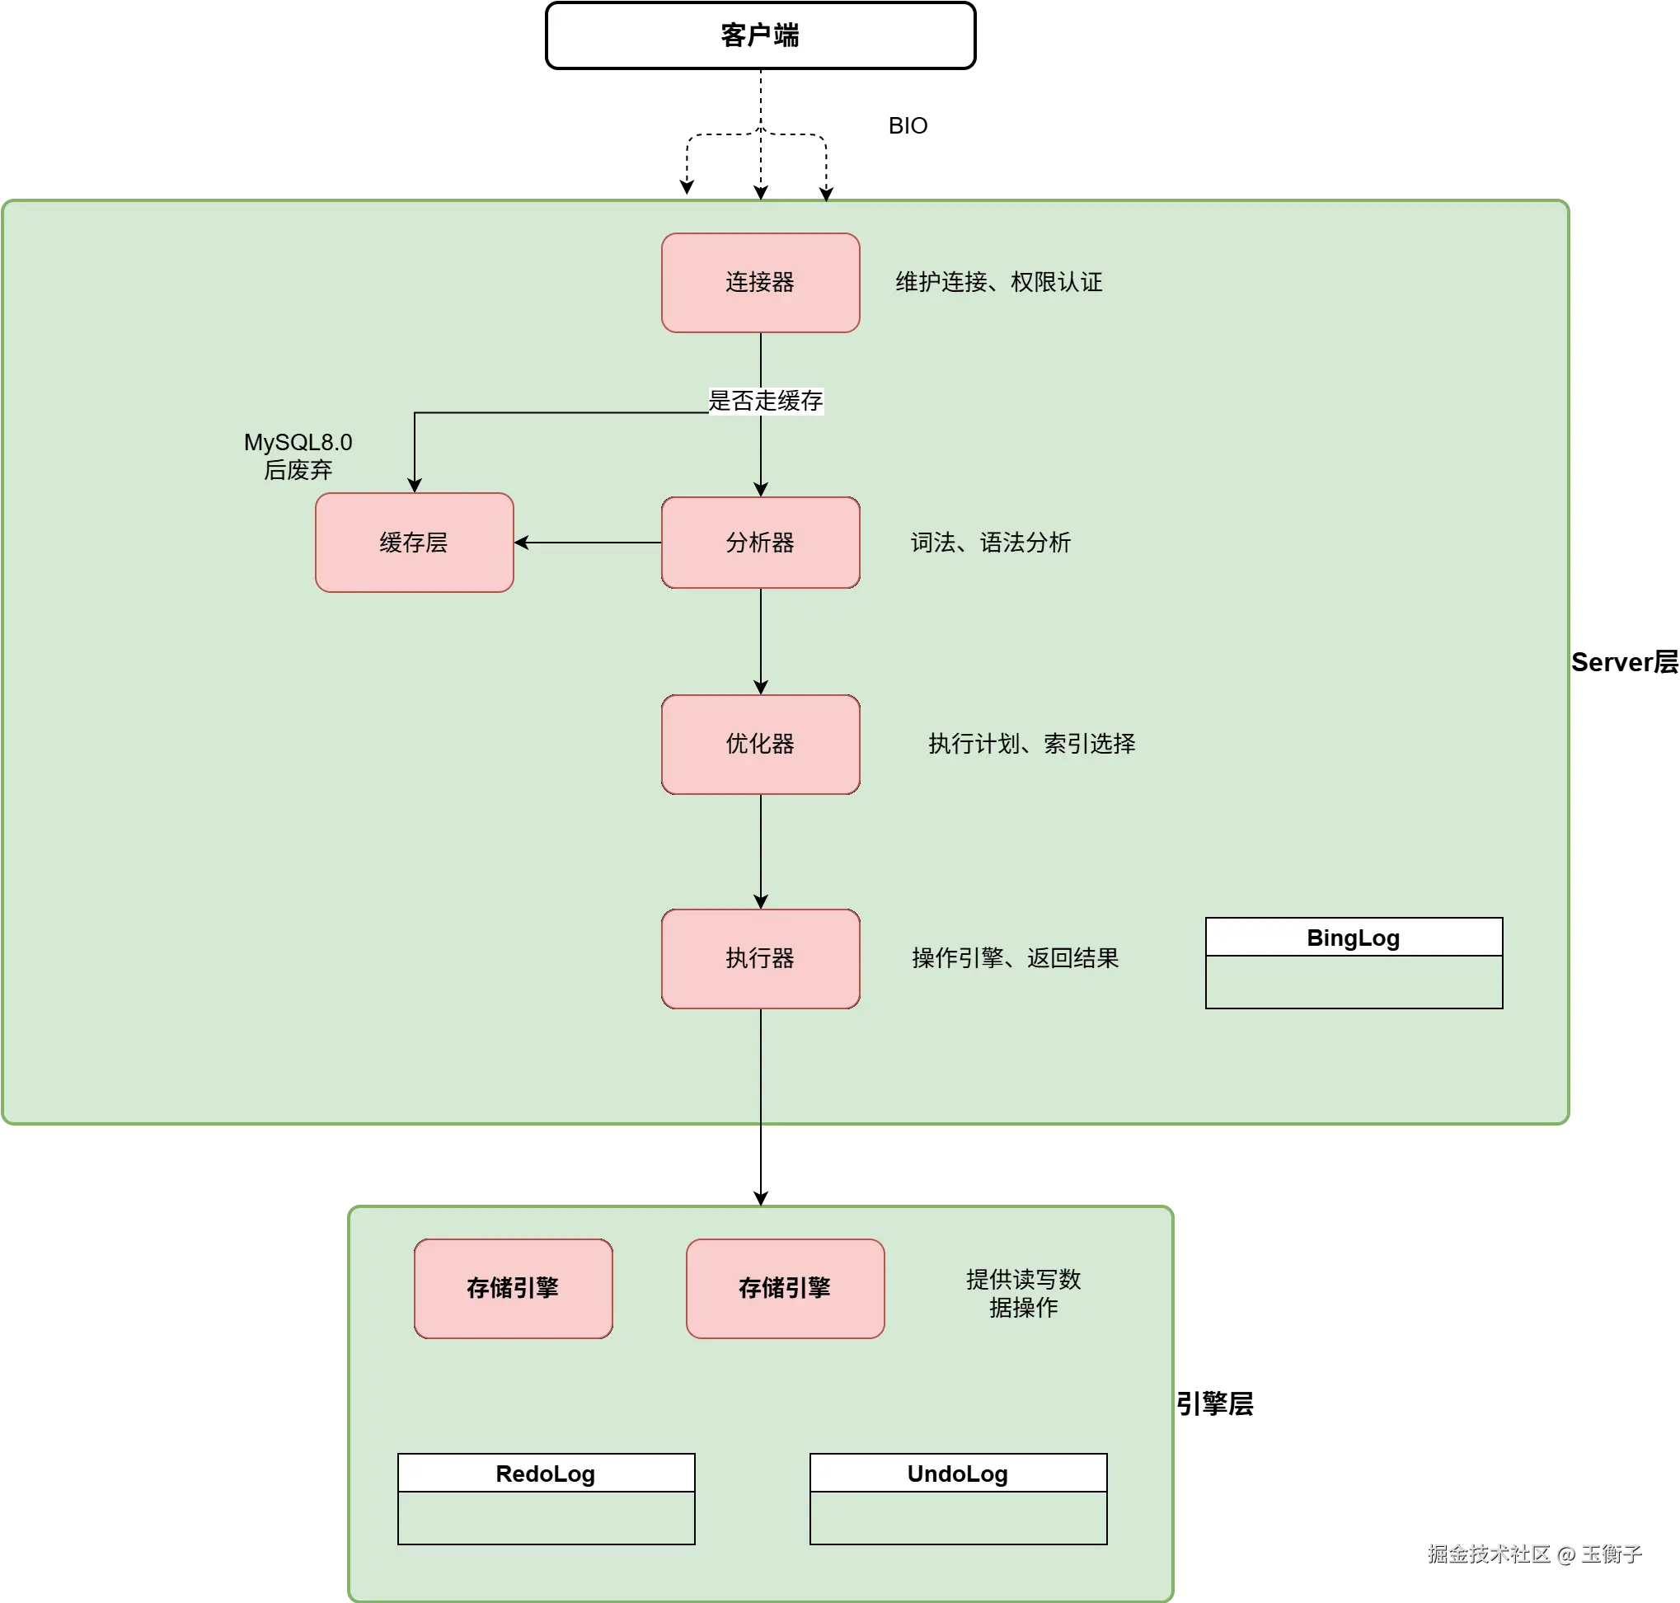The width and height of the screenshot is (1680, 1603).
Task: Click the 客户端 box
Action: pyautogui.click(x=760, y=35)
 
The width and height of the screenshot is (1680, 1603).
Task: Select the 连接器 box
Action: pyautogui.click(x=760, y=282)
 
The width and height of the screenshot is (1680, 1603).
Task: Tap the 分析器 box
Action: pyautogui.click(x=760, y=543)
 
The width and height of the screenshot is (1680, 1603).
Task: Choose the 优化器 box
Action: pyautogui.click(x=760, y=744)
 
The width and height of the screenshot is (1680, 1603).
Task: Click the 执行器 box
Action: pyautogui.click(x=760, y=958)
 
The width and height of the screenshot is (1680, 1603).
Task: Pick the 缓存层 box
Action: pyautogui.click(x=415, y=543)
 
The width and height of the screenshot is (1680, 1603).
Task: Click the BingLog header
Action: pyautogui.click(x=1354, y=938)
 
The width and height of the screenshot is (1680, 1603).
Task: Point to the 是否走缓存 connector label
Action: pyautogui.click(x=765, y=401)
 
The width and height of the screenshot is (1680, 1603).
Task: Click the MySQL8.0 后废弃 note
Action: pyautogui.click(x=298, y=455)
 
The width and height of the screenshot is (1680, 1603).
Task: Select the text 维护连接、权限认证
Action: pyautogui.click(x=998, y=282)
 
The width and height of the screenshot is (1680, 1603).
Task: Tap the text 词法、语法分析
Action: pyautogui.click(x=990, y=543)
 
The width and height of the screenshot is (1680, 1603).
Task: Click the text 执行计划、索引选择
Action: pyautogui.click(x=1032, y=744)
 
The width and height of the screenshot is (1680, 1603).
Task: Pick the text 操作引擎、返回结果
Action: pyautogui.click(x=1015, y=958)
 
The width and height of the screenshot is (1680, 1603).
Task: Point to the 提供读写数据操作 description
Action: pyautogui.click(x=1023, y=1293)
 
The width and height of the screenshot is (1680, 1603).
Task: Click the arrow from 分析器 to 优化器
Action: pyautogui.click(x=761, y=641)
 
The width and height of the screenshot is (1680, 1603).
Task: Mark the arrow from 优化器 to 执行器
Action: pyautogui.click(x=761, y=851)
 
